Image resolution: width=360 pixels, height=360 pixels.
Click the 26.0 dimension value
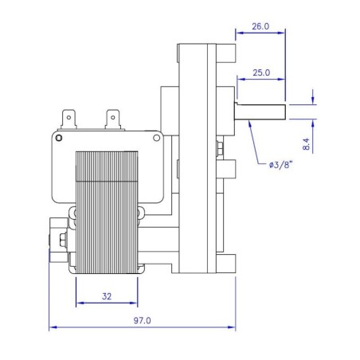(260, 26)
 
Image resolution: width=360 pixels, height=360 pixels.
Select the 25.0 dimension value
(260, 72)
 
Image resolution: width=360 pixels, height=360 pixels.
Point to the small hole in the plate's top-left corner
(79, 137)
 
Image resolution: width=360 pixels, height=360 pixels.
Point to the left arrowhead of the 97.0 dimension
(53, 327)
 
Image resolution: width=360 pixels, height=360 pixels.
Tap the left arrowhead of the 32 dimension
(79, 304)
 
